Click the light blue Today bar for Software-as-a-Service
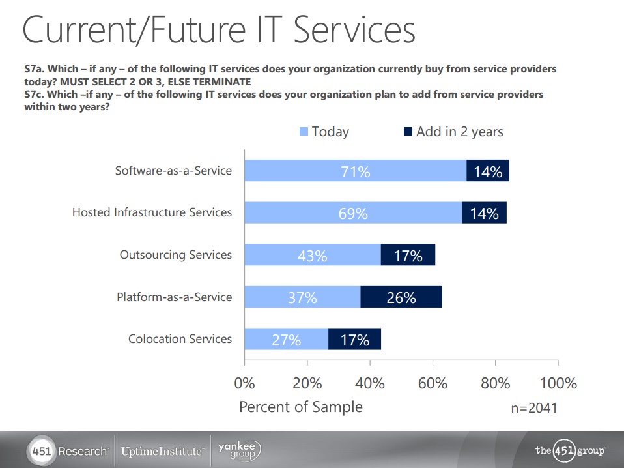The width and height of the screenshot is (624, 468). coord(355,171)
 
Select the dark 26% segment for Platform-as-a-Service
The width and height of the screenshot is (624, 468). coord(401,297)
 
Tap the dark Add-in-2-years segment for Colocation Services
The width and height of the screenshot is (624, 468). coord(354,340)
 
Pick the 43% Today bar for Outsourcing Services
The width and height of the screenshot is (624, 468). coord(312,256)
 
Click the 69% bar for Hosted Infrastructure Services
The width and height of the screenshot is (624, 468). coord(352,213)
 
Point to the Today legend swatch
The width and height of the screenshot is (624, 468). coord(304,132)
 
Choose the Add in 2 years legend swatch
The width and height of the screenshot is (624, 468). coord(408,132)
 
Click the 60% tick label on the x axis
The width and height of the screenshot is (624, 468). coord(433,383)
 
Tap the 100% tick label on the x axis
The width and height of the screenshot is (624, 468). coord(558,383)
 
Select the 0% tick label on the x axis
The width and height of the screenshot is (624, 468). coord(244,383)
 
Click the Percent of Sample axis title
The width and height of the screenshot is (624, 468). coord(300,407)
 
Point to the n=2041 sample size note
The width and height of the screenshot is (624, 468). coord(534,408)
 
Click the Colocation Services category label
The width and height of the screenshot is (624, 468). coord(180,339)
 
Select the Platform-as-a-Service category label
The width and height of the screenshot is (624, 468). coord(174,297)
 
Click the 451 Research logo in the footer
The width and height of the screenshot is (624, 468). coord(68,451)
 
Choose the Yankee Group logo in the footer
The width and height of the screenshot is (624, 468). coord(238,450)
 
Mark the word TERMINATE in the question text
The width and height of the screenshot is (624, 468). coord(220,81)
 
